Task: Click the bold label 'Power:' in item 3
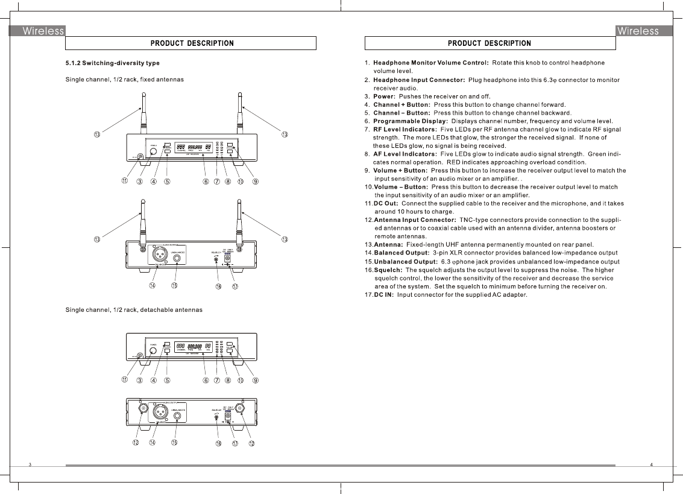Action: (x=384, y=97)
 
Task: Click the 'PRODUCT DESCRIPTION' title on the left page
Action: (x=192, y=43)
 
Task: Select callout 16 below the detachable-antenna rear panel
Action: (x=218, y=444)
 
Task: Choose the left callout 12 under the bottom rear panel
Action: (x=136, y=443)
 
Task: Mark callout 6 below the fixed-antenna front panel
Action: (x=206, y=182)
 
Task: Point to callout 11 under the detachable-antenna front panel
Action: (x=125, y=380)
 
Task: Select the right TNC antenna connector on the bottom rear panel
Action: (x=240, y=408)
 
